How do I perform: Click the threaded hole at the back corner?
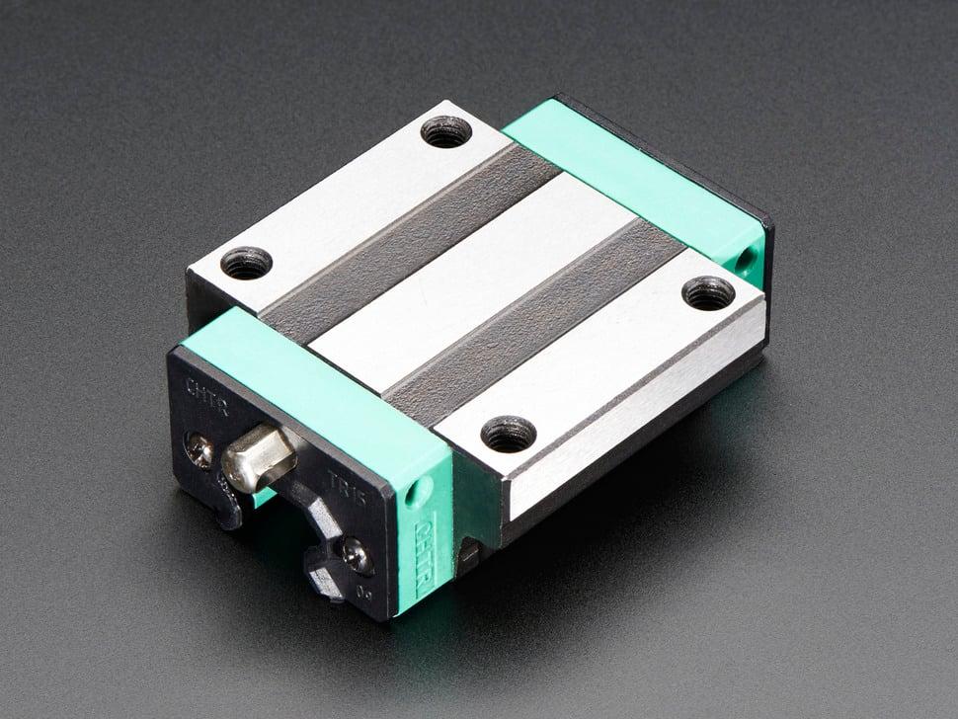tap(446, 130)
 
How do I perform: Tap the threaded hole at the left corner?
tap(246, 263)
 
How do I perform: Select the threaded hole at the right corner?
tap(708, 292)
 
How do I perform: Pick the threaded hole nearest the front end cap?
tap(509, 434)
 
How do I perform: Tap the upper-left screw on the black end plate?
tap(200, 449)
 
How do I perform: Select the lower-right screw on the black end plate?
tap(358, 555)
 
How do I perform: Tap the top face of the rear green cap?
tap(632, 178)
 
